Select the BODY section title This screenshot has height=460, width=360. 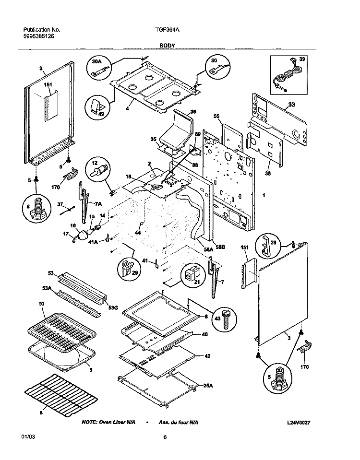[168, 45]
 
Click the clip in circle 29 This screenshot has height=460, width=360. [127, 269]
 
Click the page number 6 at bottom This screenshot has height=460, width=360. [165, 437]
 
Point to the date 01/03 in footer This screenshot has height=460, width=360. [28, 437]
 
